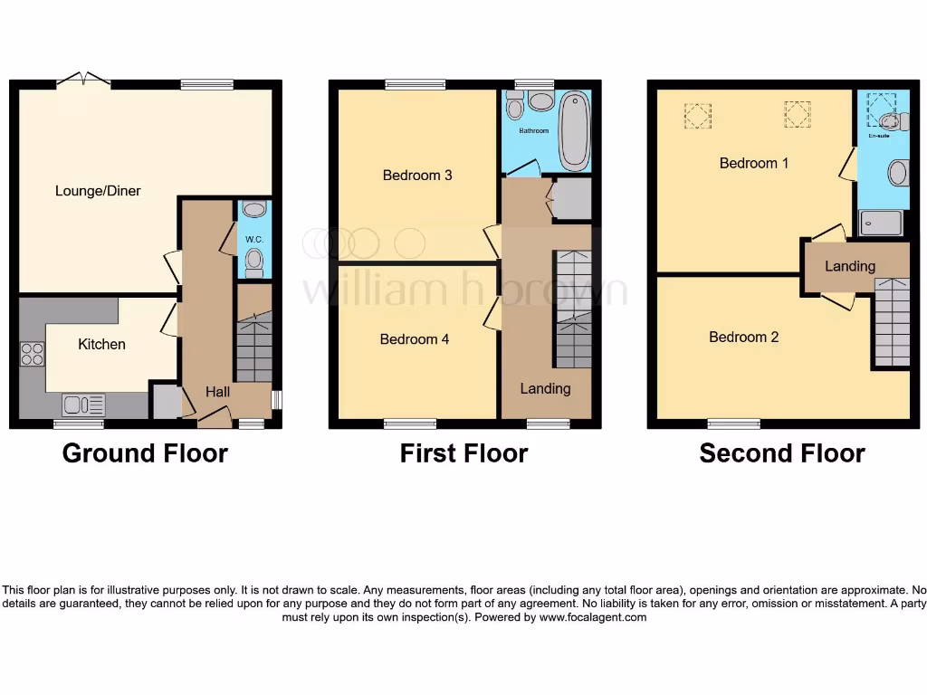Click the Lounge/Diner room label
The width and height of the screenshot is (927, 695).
click(98, 191)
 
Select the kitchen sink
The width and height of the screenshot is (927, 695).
click(83, 405)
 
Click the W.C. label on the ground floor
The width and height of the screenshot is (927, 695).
click(254, 239)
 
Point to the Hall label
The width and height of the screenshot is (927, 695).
click(217, 392)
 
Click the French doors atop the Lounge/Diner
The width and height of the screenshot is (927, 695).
click(83, 81)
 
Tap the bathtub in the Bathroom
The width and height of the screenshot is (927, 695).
click(574, 132)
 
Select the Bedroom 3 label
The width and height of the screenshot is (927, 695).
click(417, 175)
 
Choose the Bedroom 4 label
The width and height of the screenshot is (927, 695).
click(415, 339)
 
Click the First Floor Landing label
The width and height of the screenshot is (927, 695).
click(545, 388)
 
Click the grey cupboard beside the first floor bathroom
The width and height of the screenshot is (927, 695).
click(571, 199)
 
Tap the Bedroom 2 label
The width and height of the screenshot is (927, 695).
click(743, 337)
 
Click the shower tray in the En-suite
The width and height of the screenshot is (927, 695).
click(881, 223)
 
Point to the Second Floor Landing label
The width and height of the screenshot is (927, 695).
click(850, 266)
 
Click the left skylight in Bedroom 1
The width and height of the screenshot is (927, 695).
click(697, 115)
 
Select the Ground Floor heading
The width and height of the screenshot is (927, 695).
click(145, 453)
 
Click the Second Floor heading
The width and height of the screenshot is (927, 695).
click(782, 453)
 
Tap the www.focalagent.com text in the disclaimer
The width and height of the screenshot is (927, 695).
click(593, 617)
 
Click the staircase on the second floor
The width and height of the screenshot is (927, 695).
click(892, 321)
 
